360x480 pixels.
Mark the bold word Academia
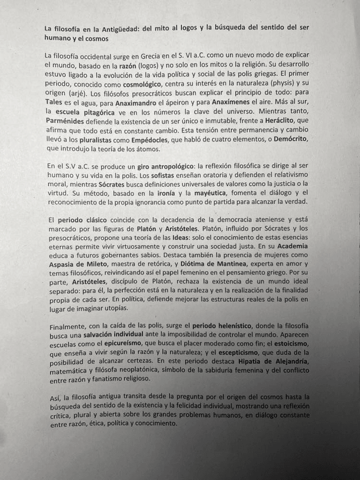click(293, 247)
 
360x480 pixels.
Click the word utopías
click(115, 308)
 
